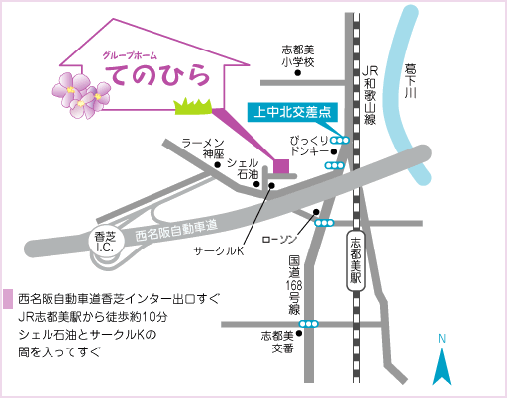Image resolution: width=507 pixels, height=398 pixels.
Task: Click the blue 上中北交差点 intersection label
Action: [x=292, y=112]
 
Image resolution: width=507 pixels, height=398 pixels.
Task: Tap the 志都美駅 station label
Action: [x=355, y=260]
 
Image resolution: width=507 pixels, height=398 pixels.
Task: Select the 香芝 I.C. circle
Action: [x=105, y=242]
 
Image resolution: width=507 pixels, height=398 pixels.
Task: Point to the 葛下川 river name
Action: [x=410, y=81]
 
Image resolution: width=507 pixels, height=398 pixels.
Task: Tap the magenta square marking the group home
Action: [x=281, y=166]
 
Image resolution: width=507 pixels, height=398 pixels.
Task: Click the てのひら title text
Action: [x=157, y=75]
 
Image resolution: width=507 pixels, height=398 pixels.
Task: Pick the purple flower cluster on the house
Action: [x=81, y=95]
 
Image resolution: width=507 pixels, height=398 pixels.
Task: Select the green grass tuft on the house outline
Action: [x=193, y=106]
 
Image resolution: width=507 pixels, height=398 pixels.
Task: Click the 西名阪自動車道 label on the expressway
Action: [x=176, y=231]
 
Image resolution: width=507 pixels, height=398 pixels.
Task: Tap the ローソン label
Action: [x=280, y=239]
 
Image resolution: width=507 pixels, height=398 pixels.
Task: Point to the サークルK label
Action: [x=219, y=251]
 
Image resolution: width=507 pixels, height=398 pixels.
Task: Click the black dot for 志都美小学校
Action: [x=298, y=73]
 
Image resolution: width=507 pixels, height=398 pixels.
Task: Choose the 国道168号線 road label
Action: [x=294, y=285]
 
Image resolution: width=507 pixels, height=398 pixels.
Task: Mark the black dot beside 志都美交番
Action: [x=299, y=334]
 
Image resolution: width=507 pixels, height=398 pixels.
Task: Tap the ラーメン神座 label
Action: [x=204, y=149]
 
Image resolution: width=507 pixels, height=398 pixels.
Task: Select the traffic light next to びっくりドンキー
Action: [x=340, y=141]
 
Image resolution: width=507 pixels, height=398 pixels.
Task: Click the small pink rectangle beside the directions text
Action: [x=8, y=299]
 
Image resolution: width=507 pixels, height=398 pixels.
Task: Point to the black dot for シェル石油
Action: [x=256, y=184]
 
